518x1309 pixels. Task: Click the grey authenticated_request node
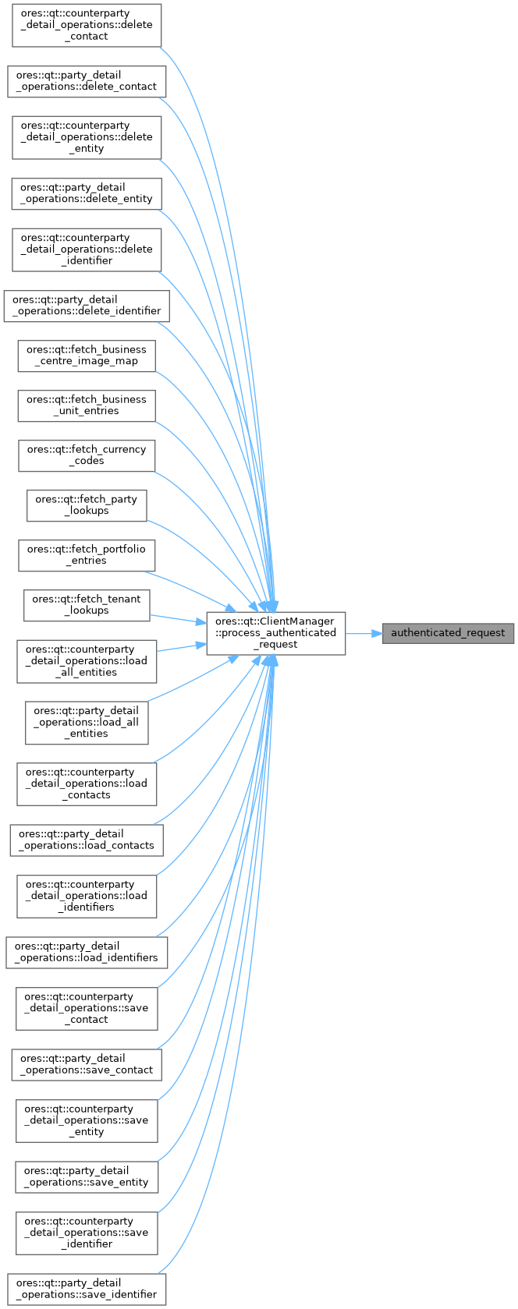pyautogui.click(x=448, y=633)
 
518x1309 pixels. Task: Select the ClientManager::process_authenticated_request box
pyautogui.click(x=275, y=633)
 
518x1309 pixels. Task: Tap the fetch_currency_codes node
pyautogui.click(x=86, y=455)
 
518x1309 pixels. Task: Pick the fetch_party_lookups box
pyautogui.click(x=86, y=505)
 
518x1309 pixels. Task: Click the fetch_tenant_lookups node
pyautogui.click(x=86, y=605)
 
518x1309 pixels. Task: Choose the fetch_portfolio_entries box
pyautogui.click(x=86, y=555)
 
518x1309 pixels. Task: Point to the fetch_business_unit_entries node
pyautogui.click(x=86, y=405)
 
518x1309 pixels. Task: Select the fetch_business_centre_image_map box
pyautogui.click(x=86, y=356)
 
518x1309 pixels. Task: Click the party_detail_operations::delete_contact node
pyautogui.click(x=86, y=81)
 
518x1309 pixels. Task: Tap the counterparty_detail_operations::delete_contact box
pyautogui.click(x=86, y=25)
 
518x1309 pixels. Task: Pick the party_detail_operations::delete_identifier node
pyautogui.click(x=86, y=306)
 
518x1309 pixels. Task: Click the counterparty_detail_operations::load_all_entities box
pyautogui.click(x=86, y=661)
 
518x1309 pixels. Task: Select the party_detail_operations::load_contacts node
pyautogui.click(x=86, y=840)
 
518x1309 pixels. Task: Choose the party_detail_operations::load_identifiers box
pyautogui.click(x=86, y=953)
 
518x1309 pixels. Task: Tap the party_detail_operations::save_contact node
pyautogui.click(x=86, y=1065)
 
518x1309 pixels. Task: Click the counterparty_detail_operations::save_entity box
pyautogui.click(x=86, y=1121)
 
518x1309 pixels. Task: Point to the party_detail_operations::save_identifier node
pyautogui.click(x=86, y=1290)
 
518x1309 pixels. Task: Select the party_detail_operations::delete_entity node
pyautogui.click(x=86, y=193)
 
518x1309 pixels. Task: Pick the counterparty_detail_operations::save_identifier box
pyautogui.click(x=86, y=1233)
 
